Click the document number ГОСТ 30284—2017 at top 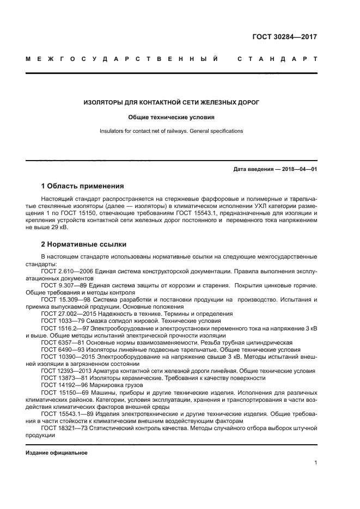point(284,38)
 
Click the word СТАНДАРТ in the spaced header point(277,58)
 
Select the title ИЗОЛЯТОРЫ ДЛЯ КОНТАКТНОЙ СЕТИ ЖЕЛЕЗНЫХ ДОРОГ point(171,102)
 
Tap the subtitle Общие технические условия point(171,117)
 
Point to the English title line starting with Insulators point(171,131)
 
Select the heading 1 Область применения point(83,186)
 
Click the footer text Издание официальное point(57,453)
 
